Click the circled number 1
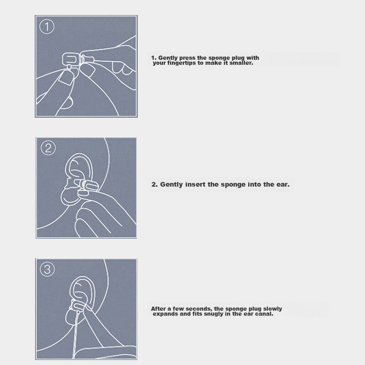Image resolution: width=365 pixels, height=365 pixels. point(47,26)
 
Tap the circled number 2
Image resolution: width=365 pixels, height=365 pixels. point(48,148)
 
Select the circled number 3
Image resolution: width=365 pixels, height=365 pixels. point(47,269)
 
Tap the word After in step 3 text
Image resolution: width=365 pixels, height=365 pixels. point(158,309)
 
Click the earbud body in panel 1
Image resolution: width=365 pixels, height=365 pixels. point(70,59)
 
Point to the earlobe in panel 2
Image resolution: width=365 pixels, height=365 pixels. point(70,197)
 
